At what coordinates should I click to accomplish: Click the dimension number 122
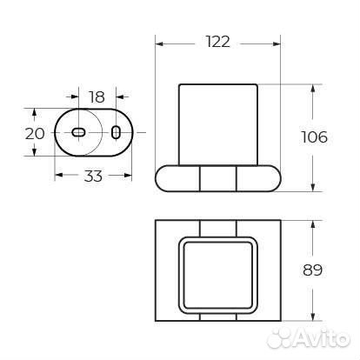pos(219,42)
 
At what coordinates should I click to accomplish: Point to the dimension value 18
pos(97,97)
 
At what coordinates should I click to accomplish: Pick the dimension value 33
pos(93,176)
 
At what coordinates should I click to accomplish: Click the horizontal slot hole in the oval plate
pos(77,132)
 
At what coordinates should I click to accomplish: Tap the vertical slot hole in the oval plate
pos(116,131)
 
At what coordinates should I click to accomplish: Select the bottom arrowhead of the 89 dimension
pos(312,315)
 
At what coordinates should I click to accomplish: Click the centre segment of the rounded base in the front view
pos(219,178)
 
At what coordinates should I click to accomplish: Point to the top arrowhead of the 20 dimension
pos(34,112)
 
